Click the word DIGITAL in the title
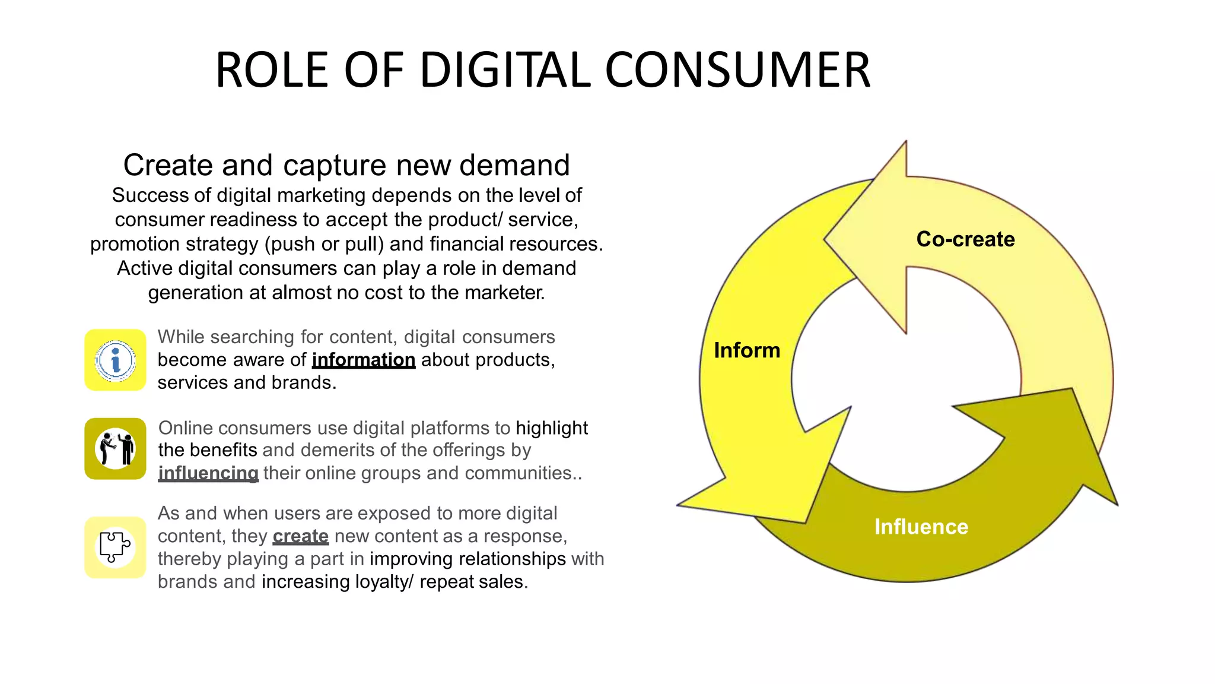tap(505, 70)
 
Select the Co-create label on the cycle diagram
tap(965, 239)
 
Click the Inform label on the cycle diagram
tap(747, 350)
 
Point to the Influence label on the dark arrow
tap(921, 527)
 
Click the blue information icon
tap(116, 360)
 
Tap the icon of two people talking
tap(116, 449)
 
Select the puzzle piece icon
tap(114, 547)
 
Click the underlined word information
tap(363, 360)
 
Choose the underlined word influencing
tap(208, 473)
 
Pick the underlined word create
tap(300, 536)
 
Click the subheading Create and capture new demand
tap(346, 165)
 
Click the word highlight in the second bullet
tap(552, 428)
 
